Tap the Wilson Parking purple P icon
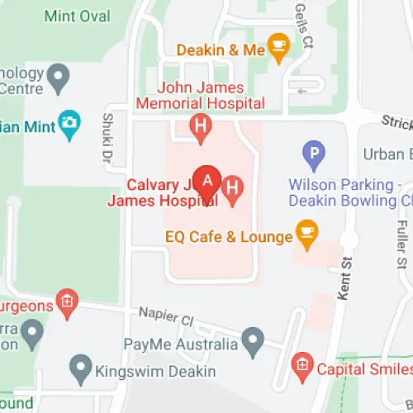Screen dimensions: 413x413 coord(313,154)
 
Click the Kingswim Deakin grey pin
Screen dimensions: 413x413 coord(80,365)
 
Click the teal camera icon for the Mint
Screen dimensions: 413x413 coord(70,122)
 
